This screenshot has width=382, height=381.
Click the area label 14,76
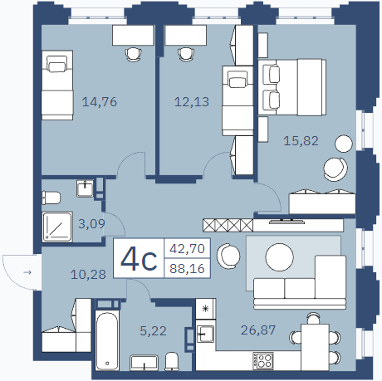100,102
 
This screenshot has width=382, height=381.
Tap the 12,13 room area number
192,102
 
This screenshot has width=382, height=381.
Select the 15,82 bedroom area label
301,141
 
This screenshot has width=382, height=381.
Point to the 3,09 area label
91,224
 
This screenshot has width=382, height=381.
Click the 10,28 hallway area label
88,275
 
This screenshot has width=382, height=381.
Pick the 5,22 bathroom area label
153,331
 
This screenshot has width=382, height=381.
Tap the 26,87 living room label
258,330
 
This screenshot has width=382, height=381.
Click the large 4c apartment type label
139,258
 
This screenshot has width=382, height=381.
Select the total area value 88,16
187,268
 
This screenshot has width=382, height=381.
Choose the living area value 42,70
187,248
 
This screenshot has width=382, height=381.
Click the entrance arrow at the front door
27,272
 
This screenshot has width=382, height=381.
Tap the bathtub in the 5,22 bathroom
107,340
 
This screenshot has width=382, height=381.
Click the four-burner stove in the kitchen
263,360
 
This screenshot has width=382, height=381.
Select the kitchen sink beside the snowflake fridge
205,334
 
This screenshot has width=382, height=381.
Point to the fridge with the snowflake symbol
205,309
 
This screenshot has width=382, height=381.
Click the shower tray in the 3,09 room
57,227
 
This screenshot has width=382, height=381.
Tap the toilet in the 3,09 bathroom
51,198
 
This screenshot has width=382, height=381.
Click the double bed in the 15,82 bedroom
291,87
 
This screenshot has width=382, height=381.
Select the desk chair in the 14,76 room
134,54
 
